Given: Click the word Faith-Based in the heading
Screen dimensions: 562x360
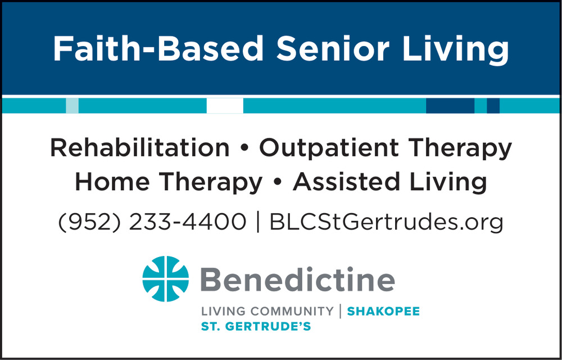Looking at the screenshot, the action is point(158,49).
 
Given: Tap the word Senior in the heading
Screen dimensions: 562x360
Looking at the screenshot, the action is point(333,49).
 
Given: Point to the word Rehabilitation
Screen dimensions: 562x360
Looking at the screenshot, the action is point(140,148).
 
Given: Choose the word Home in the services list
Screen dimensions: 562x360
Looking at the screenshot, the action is point(112,182).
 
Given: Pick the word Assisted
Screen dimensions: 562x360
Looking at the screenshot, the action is point(346,182).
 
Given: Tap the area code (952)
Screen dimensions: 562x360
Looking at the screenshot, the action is point(89,222).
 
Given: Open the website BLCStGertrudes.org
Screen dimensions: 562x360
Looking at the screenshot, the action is point(387,222).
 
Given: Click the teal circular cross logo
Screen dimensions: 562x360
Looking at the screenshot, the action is point(166,278).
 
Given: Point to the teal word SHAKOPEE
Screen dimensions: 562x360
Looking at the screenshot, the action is point(383,311).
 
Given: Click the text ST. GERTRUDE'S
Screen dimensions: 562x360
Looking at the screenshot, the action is point(256,327).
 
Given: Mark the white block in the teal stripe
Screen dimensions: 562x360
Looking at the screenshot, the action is point(225,106).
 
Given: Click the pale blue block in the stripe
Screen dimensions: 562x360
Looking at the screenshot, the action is point(72,106).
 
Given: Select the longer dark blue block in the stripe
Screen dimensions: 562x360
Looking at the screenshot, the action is point(450,106).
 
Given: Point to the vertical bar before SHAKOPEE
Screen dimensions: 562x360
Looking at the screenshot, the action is point(340,311).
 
